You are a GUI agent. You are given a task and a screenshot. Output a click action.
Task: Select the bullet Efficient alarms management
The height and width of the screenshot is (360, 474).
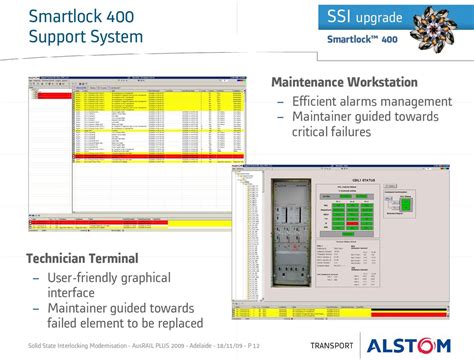(371, 101)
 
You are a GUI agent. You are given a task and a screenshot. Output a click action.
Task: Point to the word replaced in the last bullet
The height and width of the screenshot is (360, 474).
(175, 323)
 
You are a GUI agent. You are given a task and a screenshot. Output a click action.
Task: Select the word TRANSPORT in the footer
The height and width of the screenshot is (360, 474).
(332, 346)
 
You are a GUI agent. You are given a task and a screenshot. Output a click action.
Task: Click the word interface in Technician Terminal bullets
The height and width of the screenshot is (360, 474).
(71, 292)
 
